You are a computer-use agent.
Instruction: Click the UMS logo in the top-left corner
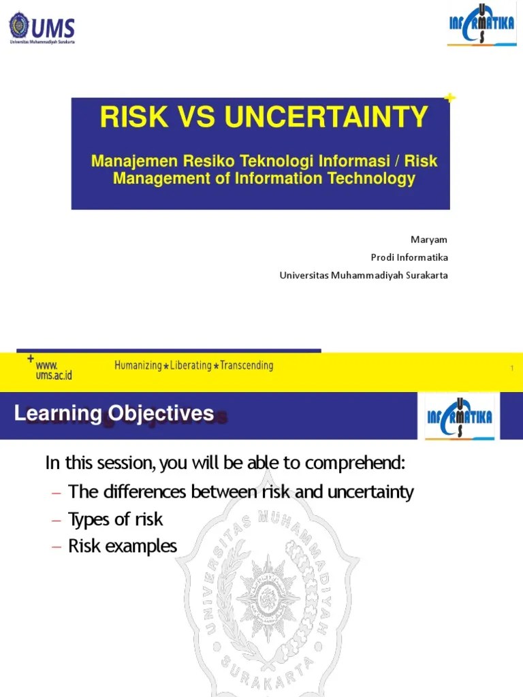tap(42, 28)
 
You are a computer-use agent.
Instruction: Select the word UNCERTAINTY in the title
tap(327, 117)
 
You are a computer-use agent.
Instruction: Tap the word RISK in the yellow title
tap(133, 117)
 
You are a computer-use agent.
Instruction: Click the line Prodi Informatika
tap(409, 257)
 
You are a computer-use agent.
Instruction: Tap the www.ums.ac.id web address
tap(54, 370)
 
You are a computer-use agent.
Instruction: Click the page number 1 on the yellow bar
tap(511, 369)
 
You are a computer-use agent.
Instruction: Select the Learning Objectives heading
tap(114, 413)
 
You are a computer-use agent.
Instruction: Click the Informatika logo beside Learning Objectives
tap(459, 415)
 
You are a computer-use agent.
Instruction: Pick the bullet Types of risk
tap(116, 519)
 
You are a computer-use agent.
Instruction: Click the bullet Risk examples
tap(123, 546)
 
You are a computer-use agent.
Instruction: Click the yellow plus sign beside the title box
tap(449, 99)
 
